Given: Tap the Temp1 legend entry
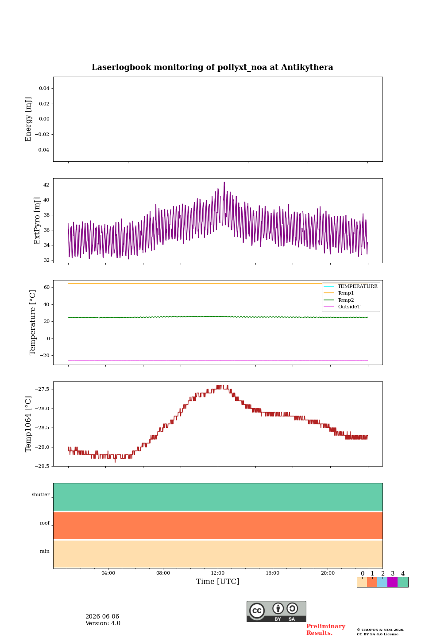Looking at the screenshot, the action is (339, 293).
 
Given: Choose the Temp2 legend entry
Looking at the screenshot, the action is (339, 300).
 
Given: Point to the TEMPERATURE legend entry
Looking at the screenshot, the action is (351, 286).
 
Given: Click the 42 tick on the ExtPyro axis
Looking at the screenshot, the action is (46, 185).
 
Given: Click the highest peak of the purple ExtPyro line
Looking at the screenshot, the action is (224, 182).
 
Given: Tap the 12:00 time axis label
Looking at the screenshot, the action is (217, 573).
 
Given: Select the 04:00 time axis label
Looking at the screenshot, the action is (108, 573).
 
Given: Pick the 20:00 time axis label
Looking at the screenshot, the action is (328, 573).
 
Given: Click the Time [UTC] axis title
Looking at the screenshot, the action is (217, 581).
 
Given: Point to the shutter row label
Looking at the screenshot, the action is (41, 494).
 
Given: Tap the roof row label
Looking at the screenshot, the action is (45, 523).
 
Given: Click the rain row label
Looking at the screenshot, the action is (45, 551).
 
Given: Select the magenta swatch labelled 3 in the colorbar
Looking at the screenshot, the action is (392, 582).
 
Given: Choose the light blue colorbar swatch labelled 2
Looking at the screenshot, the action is (382, 582).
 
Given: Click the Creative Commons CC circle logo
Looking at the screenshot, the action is (257, 611).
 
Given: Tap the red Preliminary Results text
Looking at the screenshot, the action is (326, 630).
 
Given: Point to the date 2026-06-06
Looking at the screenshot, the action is (102, 616).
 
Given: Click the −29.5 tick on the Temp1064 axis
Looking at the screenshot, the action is (42, 466).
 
